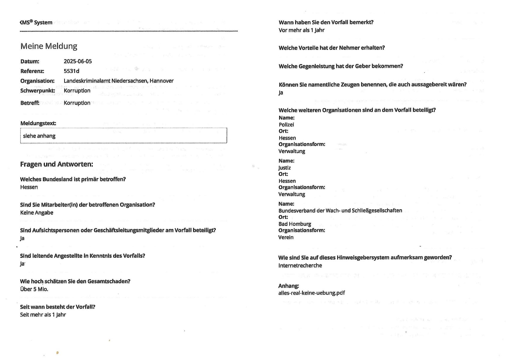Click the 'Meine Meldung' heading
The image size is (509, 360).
pos(49,46)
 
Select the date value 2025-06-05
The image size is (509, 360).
pos(78,61)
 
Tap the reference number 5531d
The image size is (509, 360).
pos(71,71)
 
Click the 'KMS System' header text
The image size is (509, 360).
pos(36,23)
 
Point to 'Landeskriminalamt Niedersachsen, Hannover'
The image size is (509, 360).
pos(119,81)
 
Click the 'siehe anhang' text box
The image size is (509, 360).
pos(123,136)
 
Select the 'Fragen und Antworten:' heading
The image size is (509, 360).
pos(56,164)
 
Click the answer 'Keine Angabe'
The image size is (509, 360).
pos(37,213)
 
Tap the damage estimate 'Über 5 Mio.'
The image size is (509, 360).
pos(34,289)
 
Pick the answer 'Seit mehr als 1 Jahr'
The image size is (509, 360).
pos(43,315)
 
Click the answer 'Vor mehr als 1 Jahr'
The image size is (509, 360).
pos(301,30)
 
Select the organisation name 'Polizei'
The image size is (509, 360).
pos(286,125)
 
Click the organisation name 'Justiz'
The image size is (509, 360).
pos(285,168)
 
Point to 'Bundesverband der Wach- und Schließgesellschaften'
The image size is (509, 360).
pos(340,210)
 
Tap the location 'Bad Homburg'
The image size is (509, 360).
pos(295,224)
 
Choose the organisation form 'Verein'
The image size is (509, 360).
pos(286,237)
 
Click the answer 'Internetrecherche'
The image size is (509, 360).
pos(300,265)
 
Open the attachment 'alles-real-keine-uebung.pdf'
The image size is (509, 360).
pos(312,293)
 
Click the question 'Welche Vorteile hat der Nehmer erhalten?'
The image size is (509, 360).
pos(332,48)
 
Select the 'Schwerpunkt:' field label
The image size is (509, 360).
pos(38,91)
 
